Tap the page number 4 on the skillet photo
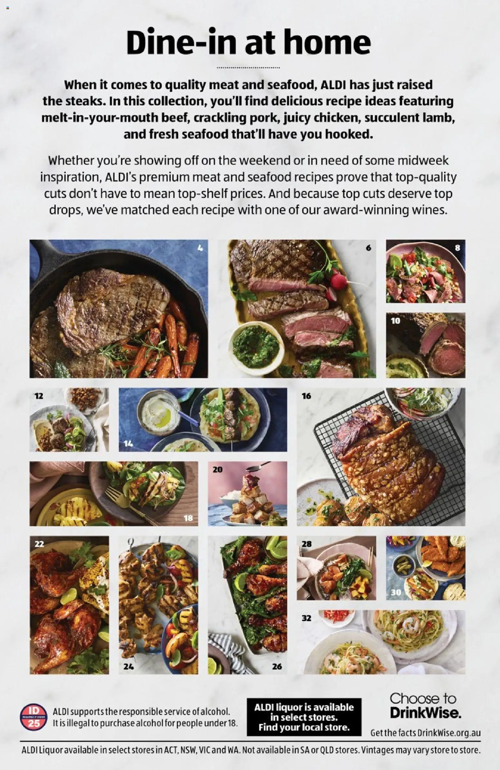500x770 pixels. (x=200, y=248)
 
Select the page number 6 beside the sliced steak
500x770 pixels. (x=369, y=248)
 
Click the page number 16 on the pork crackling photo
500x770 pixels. (x=306, y=396)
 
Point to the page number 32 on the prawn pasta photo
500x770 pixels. (x=306, y=618)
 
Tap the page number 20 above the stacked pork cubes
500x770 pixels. (x=217, y=469)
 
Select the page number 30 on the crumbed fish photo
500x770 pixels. (x=395, y=592)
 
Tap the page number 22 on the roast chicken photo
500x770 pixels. (x=39, y=544)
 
